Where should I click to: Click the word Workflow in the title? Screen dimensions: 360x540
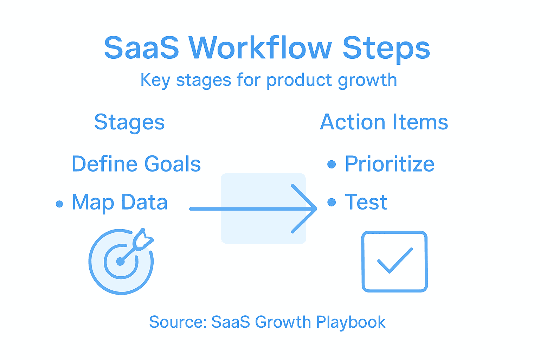click(x=260, y=48)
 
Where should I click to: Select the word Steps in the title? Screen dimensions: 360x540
click(x=386, y=49)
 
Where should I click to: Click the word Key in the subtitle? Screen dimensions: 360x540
click(x=155, y=81)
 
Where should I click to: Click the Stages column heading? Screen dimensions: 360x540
click(x=129, y=123)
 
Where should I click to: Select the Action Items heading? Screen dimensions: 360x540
click(x=384, y=122)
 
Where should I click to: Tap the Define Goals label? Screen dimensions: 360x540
click(x=136, y=164)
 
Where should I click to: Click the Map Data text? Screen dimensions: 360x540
click(x=120, y=202)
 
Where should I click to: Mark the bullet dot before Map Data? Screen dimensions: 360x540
click(x=59, y=204)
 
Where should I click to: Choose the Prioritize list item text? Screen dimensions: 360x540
click(x=390, y=164)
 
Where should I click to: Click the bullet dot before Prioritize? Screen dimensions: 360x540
click(x=332, y=164)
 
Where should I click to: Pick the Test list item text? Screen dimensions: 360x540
click(x=366, y=202)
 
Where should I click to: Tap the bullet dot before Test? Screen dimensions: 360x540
click(x=332, y=202)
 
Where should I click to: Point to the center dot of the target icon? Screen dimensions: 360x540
click(x=121, y=261)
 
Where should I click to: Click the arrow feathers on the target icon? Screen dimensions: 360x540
click(x=143, y=239)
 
